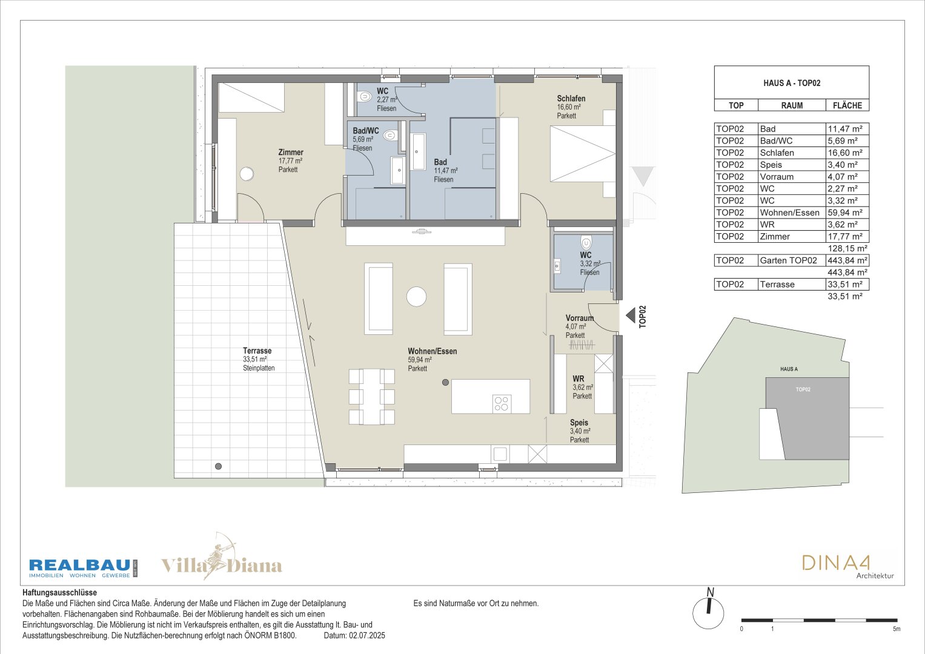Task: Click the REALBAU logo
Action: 83,568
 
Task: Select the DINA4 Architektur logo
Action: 847,566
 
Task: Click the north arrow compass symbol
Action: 709,609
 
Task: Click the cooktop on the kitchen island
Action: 502,403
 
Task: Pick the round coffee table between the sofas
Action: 416,297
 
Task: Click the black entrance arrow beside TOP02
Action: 630,316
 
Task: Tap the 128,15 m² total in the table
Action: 847,248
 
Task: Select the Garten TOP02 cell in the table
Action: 788,260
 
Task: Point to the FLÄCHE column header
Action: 847,105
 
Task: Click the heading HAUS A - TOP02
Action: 792,83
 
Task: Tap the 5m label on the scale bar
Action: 897,629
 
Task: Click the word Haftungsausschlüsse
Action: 59,592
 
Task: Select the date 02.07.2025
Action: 366,635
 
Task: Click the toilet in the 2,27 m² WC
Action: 364,97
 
